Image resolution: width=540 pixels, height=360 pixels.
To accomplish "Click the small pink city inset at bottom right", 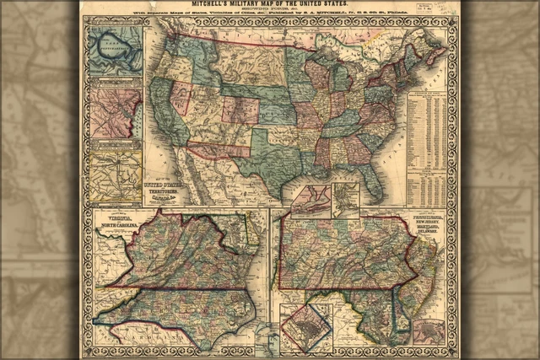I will pyautogui.click(x=429, y=330).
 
